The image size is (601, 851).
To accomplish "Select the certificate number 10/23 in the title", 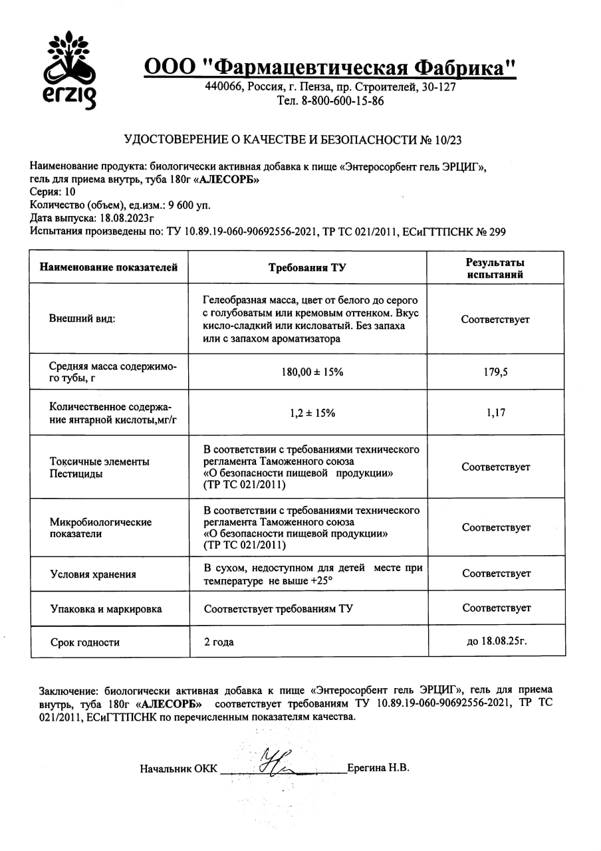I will [449, 140].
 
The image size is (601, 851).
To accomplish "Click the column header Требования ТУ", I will [307, 268].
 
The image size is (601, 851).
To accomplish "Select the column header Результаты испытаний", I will [495, 268].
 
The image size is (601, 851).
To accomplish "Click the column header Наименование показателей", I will [109, 268].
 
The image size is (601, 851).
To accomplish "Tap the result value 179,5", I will [495, 372].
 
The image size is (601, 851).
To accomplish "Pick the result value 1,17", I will [495, 413].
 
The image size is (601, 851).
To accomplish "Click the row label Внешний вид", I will [82, 319].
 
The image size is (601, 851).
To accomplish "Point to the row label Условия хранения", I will [93, 575].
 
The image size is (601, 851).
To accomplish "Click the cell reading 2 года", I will [219, 643].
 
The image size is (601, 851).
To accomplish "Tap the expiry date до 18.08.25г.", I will [498, 642].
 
